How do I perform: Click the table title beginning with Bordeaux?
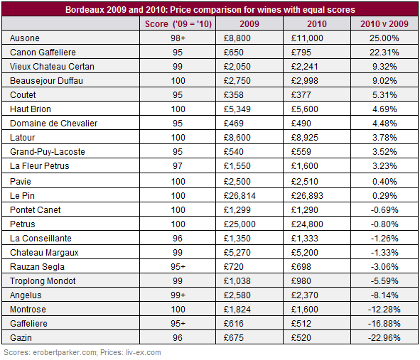tap(210, 10)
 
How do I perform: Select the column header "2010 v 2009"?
tap(384, 24)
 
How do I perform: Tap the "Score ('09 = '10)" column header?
tap(178, 24)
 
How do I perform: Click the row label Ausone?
tap(25, 38)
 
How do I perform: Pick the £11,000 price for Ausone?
tap(307, 38)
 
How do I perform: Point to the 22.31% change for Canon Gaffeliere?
tap(384, 53)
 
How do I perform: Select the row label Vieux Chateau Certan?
tap(52, 66)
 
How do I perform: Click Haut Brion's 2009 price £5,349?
tap(237, 109)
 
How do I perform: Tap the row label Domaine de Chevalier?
tap(53, 123)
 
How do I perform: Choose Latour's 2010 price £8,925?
tap(305, 137)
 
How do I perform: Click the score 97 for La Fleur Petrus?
tap(178, 165)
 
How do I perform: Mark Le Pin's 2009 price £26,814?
tap(239, 196)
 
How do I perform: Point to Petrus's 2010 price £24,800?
tap(307, 224)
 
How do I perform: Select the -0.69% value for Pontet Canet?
tap(384, 210)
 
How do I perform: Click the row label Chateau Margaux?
tap(44, 252)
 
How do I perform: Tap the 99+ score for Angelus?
tap(178, 295)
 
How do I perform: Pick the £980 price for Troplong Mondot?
tap(301, 280)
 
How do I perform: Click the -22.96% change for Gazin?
tap(384, 337)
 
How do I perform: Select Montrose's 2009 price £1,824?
tap(237, 309)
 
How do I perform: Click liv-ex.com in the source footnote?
tap(144, 352)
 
